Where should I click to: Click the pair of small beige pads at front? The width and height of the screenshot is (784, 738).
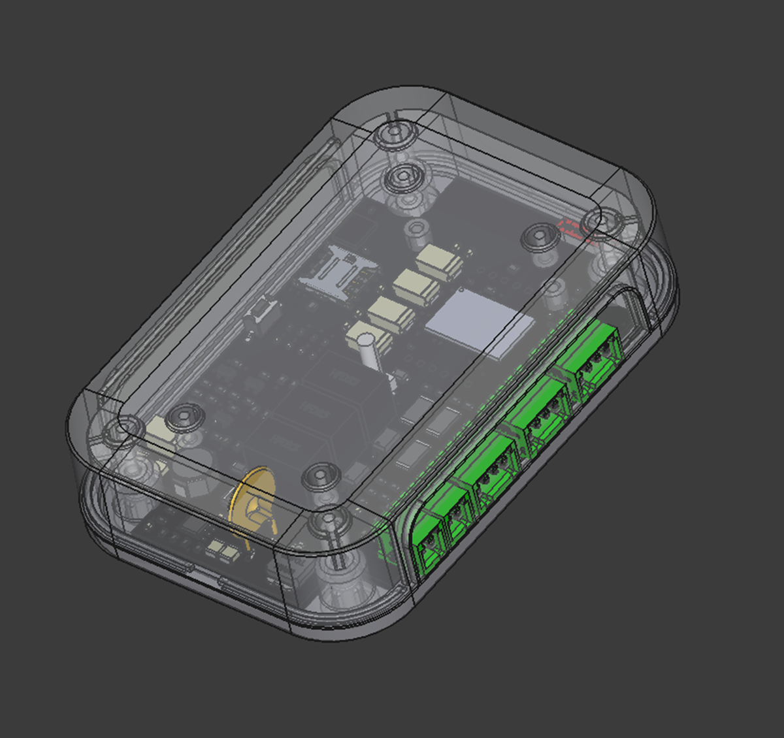(x=221, y=552)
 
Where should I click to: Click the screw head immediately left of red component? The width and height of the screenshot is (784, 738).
(x=540, y=236)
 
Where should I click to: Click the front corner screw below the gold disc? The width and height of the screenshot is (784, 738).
(x=329, y=522)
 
